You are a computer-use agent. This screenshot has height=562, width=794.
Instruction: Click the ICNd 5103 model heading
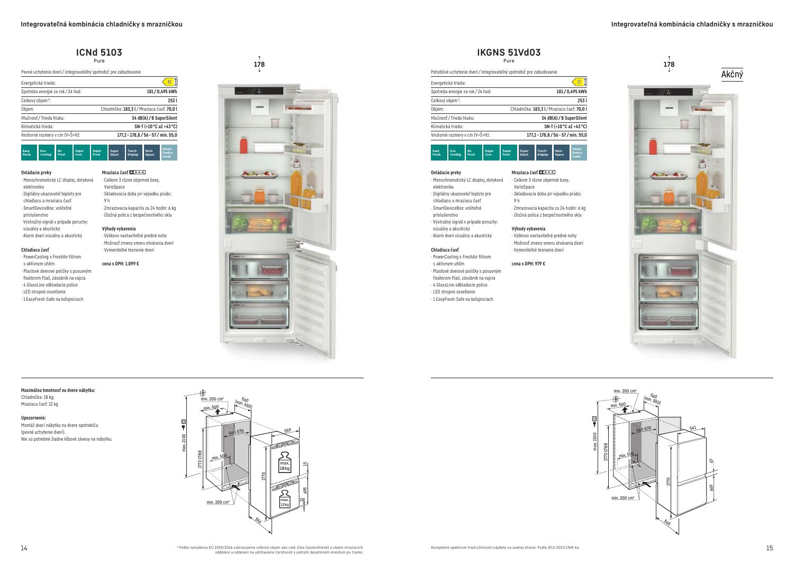99,52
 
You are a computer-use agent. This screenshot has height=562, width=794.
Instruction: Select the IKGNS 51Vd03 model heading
509,52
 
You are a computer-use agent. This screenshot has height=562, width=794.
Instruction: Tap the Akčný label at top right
732,75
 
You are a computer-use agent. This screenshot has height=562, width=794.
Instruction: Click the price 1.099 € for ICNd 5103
120,264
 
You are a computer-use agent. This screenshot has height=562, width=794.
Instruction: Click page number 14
24,548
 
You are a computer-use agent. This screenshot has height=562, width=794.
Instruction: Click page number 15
769,548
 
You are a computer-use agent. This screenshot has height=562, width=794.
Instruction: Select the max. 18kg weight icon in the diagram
285,462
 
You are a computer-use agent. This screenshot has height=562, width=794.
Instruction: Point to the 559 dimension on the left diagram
288,430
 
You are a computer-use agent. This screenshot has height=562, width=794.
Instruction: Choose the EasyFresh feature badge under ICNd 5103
29,153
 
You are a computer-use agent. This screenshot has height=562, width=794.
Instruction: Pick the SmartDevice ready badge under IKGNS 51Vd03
579,153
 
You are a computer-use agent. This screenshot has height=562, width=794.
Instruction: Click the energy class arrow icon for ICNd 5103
170,82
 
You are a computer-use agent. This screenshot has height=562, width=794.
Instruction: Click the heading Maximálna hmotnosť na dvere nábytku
58,390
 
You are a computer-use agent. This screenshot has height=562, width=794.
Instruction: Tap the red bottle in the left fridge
244,145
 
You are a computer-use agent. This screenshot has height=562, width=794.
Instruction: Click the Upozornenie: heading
33,418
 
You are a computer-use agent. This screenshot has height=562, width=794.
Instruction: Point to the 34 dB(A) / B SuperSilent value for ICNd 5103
154,118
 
